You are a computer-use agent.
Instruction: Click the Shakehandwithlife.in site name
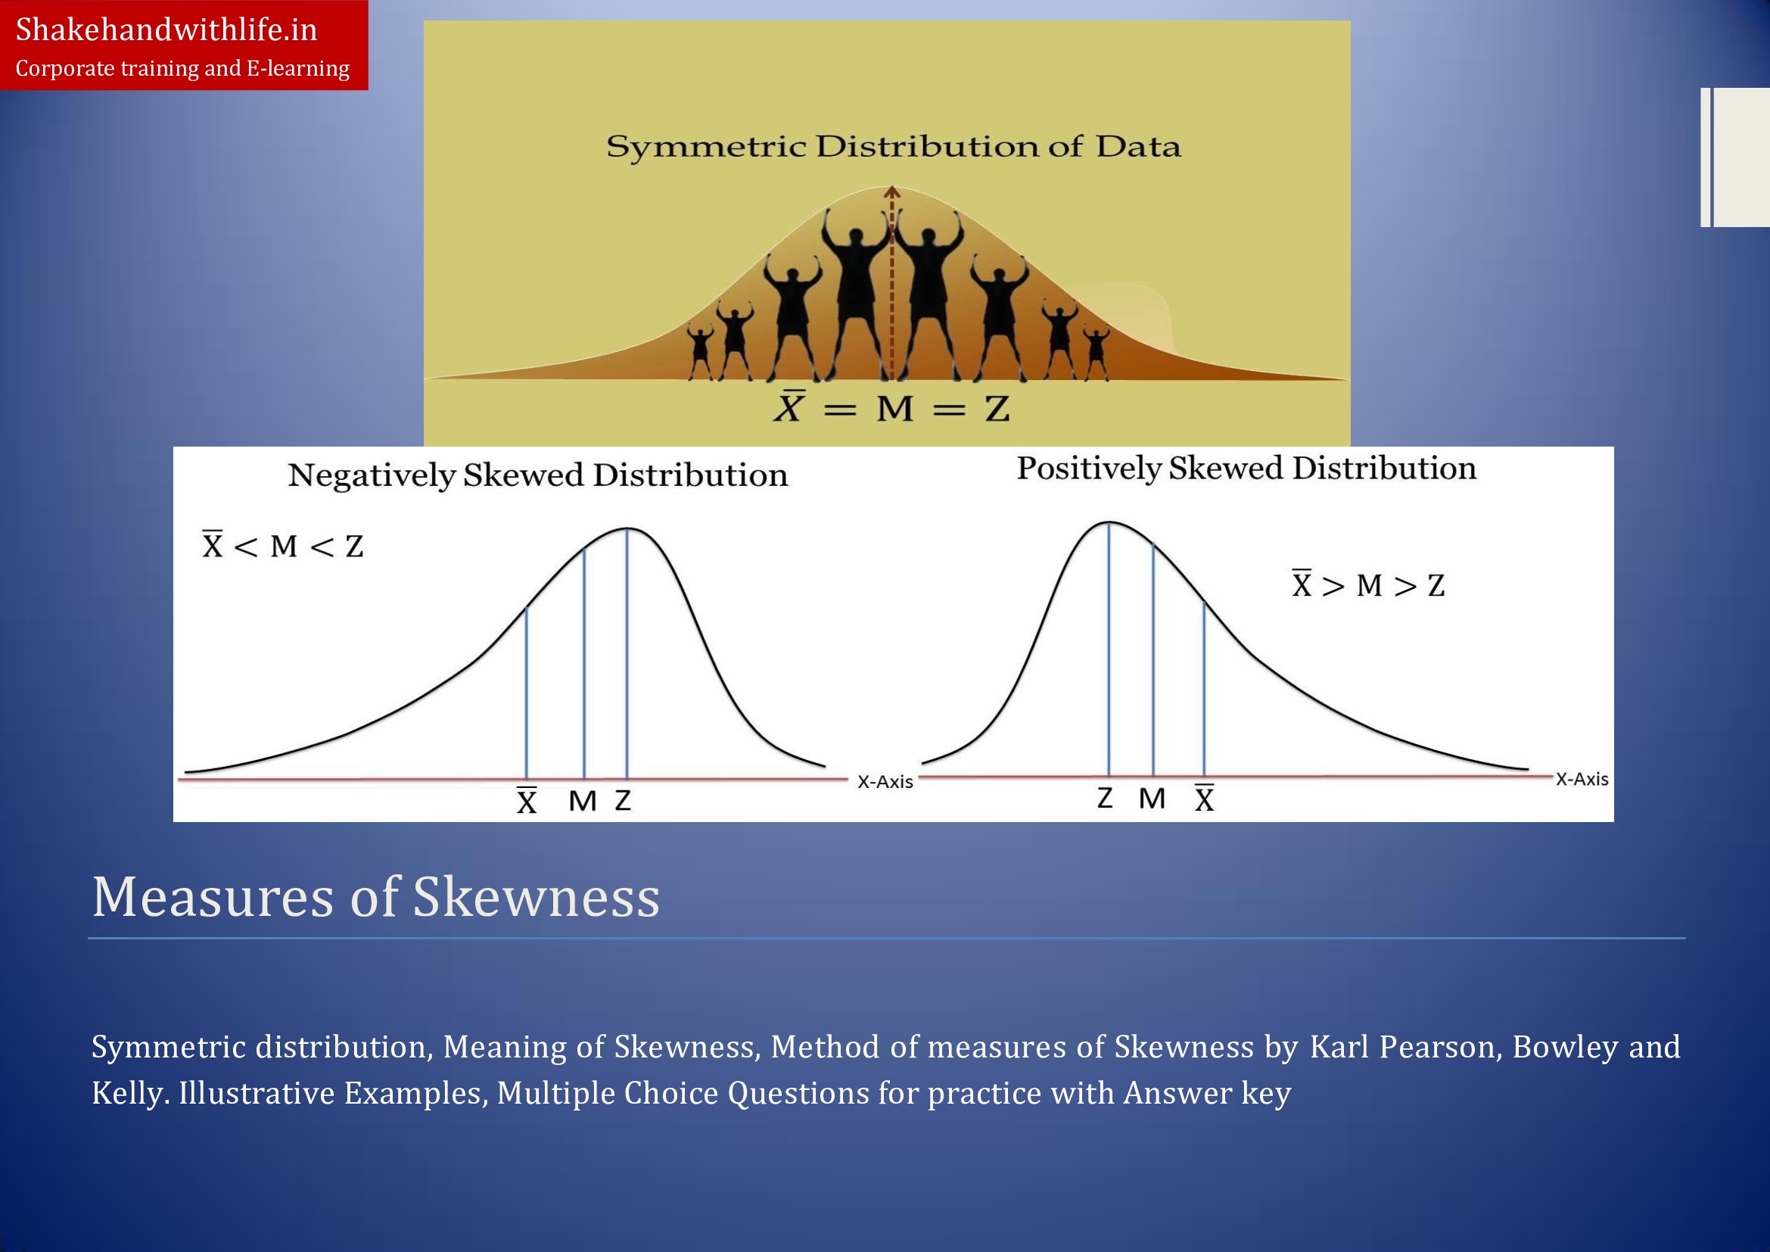[166, 30]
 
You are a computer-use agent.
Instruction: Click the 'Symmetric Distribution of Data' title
[894, 147]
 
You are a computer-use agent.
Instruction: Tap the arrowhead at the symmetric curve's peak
[892, 192]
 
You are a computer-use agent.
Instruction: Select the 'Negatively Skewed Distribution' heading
[538, 475]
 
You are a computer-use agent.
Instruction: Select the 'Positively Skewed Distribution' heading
[1246, 469]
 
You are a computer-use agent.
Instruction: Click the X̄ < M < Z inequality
[283, 545]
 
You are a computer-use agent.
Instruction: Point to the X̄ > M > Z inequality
[1368, 584]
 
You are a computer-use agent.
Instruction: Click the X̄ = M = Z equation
[892, 407]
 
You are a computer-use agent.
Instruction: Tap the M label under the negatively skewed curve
[583, 802]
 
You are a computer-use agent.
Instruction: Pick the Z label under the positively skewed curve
[1105, 798]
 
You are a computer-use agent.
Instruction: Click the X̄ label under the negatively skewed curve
[527, 801]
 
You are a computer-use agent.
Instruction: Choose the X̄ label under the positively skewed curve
[1204, 798]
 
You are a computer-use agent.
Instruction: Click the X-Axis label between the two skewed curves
[885, 782]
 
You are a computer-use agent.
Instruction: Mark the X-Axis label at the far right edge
[1582, 780]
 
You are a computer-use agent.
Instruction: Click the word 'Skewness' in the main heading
[537, 898]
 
